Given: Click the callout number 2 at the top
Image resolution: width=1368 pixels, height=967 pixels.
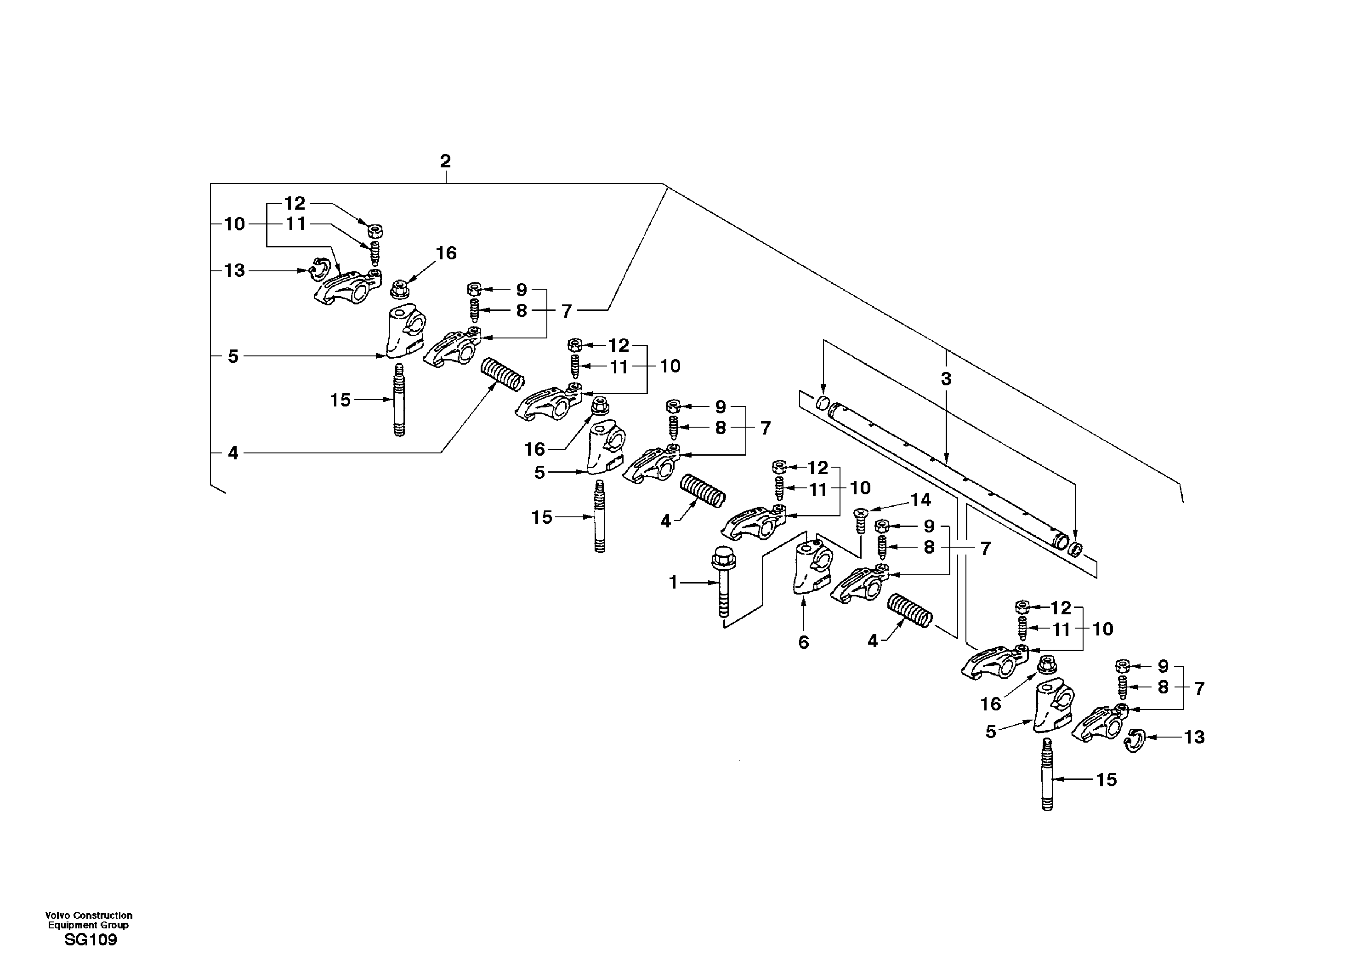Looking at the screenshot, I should click(445, 161).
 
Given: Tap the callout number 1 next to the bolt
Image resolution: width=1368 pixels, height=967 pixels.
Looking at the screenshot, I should click(673, 583).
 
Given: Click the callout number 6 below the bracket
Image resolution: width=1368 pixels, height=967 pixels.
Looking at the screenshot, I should click(804, 642).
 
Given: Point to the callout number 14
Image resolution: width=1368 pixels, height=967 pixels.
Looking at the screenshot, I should click(920, 500).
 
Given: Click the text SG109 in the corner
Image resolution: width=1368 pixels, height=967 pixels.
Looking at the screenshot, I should click(91, 940).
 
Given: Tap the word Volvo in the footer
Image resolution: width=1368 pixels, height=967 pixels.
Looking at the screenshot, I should click(58, 915).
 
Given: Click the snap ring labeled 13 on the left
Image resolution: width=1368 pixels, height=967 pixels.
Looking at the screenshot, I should click(319, 270).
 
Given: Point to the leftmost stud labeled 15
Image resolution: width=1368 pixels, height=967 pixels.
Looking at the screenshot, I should click(398, 400).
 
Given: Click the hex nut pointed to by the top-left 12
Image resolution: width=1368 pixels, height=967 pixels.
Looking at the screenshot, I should click(375, 231).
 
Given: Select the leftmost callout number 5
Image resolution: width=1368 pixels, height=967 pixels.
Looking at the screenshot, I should click(233, 356).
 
